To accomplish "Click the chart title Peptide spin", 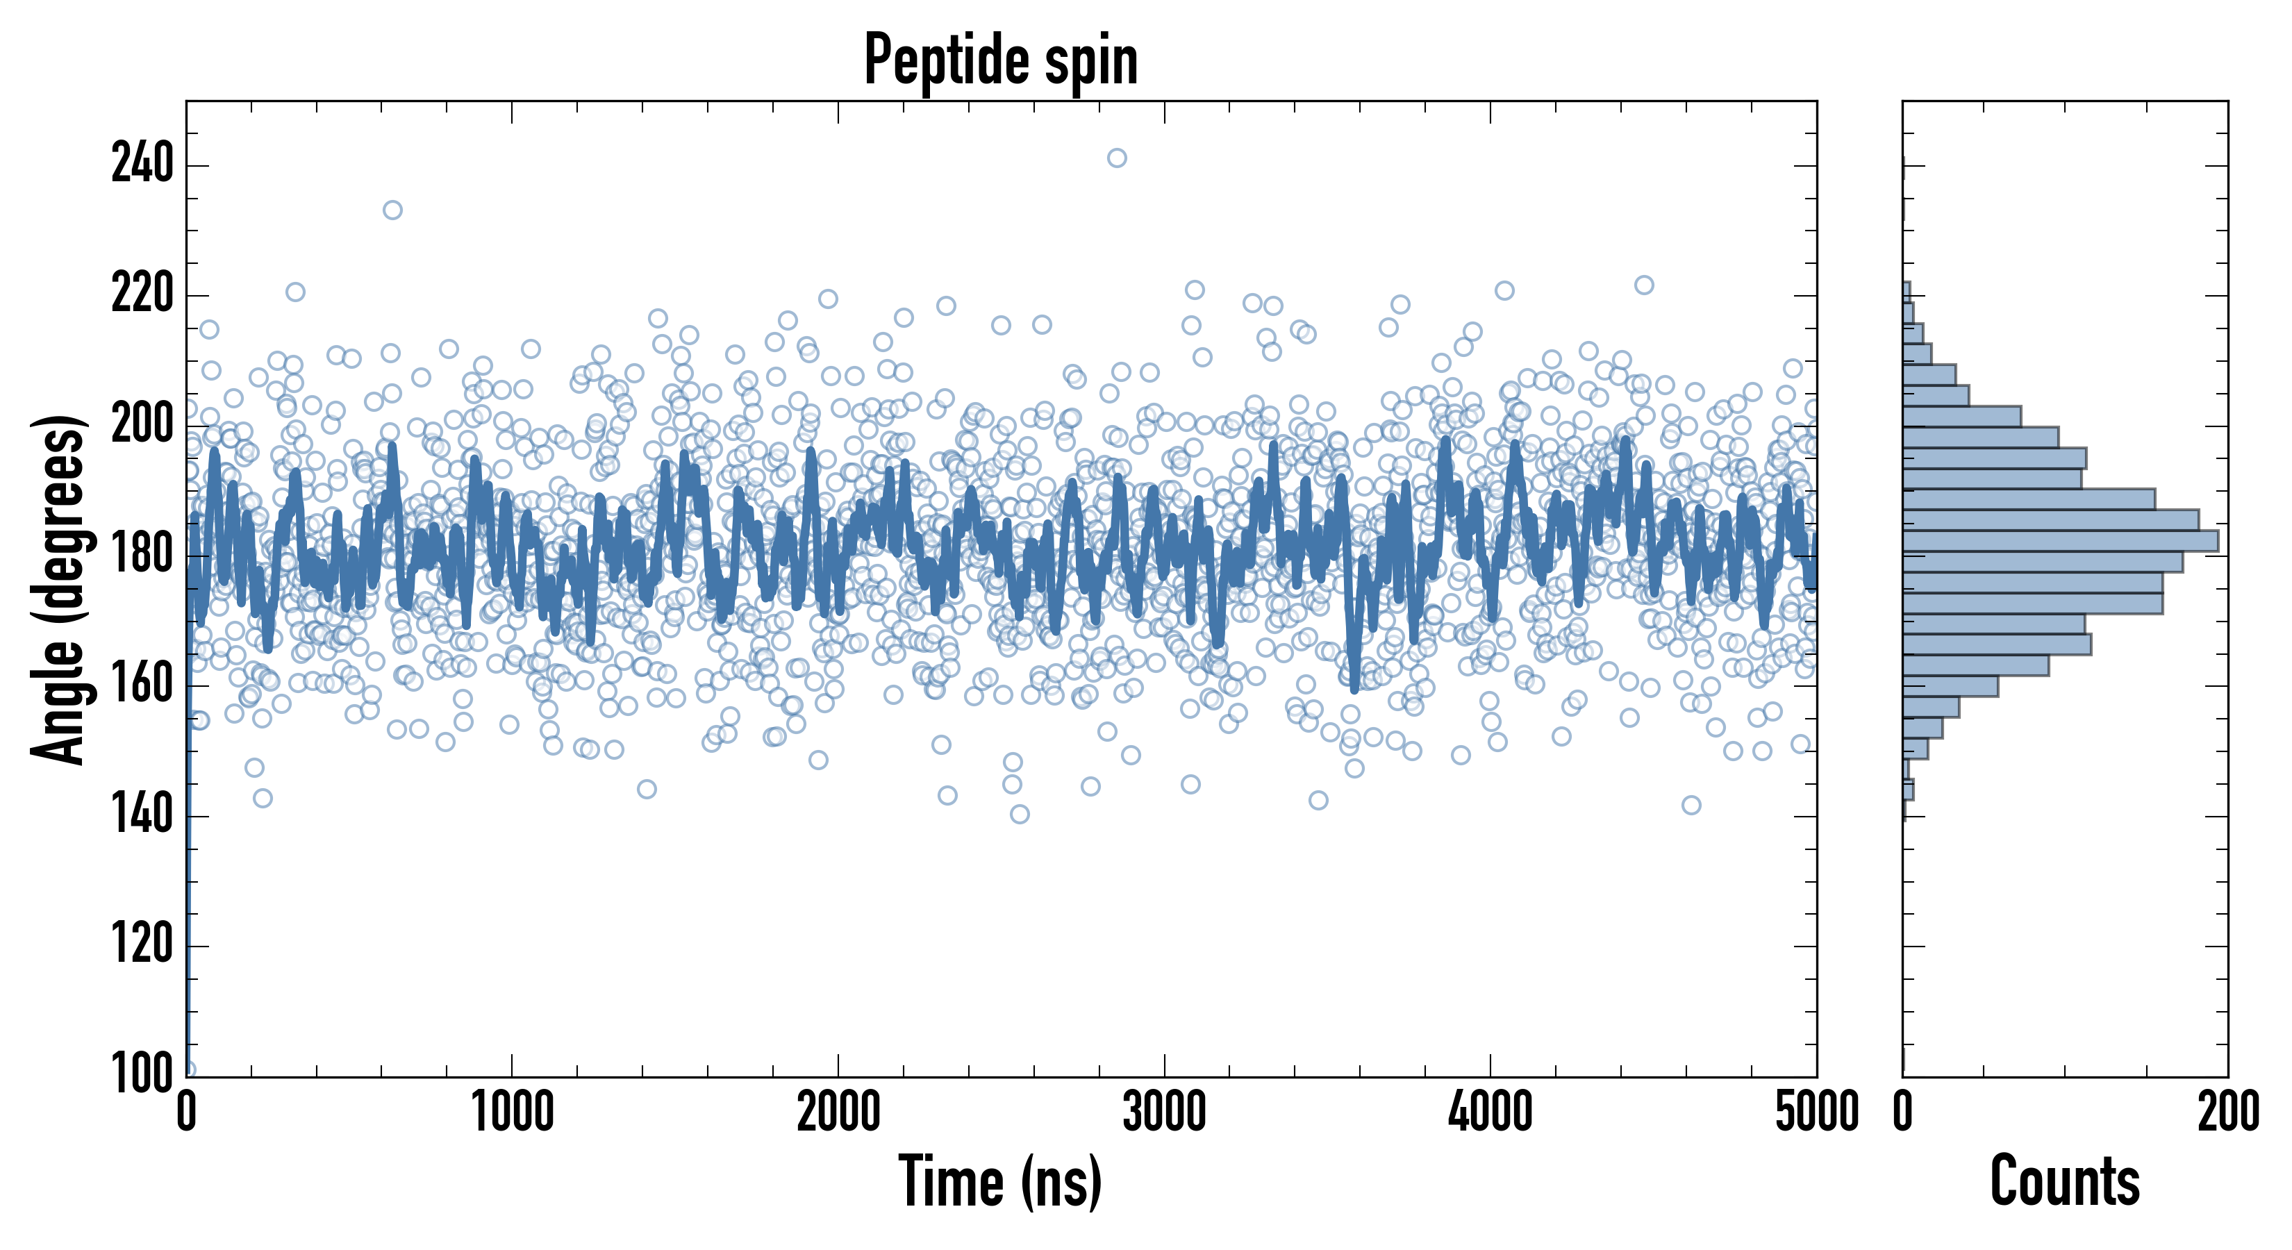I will point(1001,60).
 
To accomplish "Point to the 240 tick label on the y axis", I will point(142,165).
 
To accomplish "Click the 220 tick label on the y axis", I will point(142,294).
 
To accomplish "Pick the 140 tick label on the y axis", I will point(142,815).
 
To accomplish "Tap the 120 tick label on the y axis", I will point(142,945).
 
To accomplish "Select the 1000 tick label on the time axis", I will point(513,1112).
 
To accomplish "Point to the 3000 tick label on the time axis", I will point(1164,1112).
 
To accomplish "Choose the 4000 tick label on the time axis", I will point(1490,1112).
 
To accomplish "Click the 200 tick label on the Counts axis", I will point(2228,1112).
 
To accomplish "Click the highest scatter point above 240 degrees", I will point(1117,158).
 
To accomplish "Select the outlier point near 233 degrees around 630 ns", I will point(392,210).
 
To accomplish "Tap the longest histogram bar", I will point(2060,541).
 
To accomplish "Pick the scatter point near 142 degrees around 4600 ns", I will point(1691,805).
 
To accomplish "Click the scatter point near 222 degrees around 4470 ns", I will point(1644,285).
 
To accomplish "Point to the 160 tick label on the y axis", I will point(142,685).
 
